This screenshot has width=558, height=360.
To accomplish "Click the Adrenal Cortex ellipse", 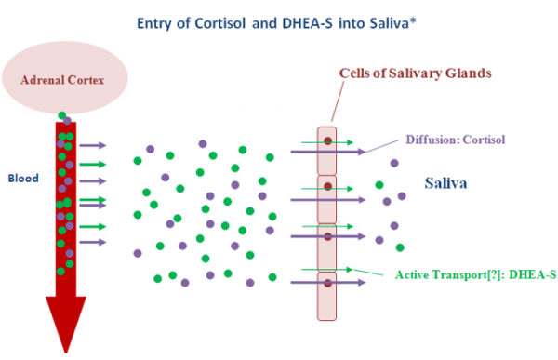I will click(x=64, y=78).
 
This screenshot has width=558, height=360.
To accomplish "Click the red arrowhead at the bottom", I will click(x=64, y=321).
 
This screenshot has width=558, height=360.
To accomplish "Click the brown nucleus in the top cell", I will click(x=326, y=141).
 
